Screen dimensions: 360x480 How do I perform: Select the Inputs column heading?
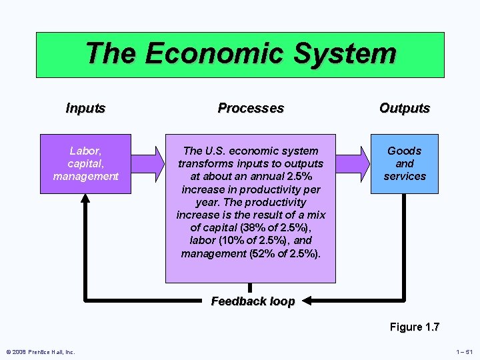pyautogui.click(x=85, y=108)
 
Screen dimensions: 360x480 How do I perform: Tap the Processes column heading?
pyautogui.click(x=251, y=108)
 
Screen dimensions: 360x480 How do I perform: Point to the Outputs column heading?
pyautogui.click(x=405, y=108)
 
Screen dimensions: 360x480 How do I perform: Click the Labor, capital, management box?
pyautogui.click(x=85, y=163)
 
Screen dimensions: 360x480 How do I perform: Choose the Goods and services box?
pyautogui.click(x=405, y=163)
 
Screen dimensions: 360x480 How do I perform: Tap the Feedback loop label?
pyautogui.click(x=253, y=301)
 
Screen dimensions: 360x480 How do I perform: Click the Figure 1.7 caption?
pyautogui.click(x=415, y=327)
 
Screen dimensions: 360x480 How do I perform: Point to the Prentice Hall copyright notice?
pyautogui.click(x=41, y=352)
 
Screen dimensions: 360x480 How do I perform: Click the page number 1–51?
pyautogui.click(x=465, y=352)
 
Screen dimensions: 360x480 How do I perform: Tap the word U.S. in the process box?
pyautogui.click(x=217, y=151)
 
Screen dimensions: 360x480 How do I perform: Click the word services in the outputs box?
pyautogui.click(x=405, y=176)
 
